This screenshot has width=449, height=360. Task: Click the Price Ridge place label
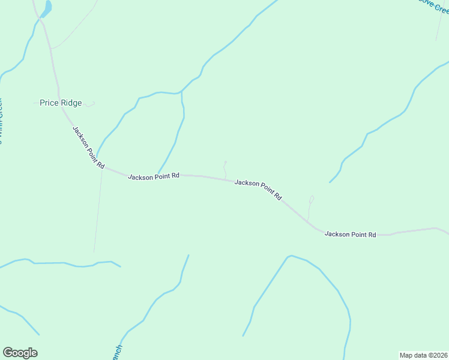[60, 103]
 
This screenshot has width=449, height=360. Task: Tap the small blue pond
[46, 8]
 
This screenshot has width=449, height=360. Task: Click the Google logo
[20, 353]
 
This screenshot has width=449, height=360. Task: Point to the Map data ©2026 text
[423, 355]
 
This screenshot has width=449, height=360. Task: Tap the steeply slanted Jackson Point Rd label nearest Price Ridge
[89, 147]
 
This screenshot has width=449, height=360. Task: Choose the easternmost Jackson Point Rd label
[350, 234]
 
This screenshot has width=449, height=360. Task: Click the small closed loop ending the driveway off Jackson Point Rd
[312, 199]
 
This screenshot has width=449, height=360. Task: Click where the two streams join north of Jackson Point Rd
[181, 93]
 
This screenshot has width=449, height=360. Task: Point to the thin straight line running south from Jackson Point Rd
[98, 210]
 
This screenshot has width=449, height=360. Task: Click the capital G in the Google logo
[8, 353]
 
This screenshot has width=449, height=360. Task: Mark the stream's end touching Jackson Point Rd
[158, 173]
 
